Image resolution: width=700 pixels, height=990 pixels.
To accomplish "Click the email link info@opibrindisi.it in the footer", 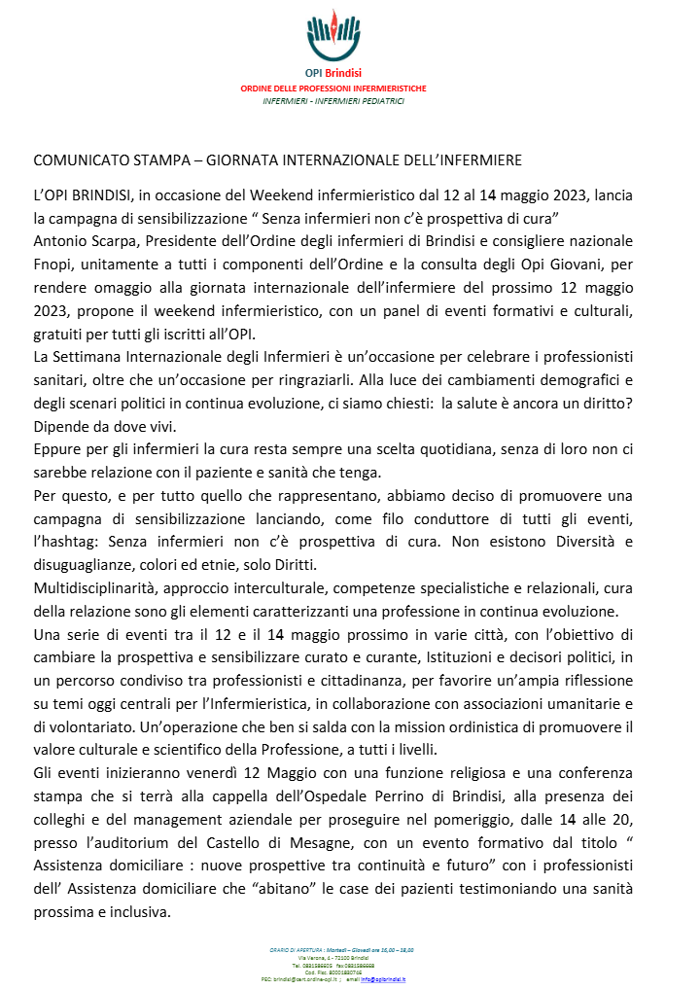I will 382,980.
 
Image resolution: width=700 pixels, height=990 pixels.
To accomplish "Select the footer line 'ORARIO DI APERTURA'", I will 294,949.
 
